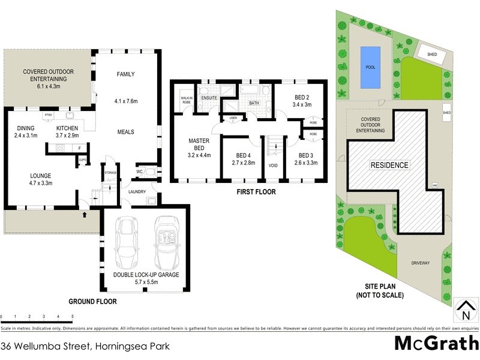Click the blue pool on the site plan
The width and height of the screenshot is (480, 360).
coord(370,67)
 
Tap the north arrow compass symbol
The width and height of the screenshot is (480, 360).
coord(464,310)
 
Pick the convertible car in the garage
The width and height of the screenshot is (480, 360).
coord(166,242)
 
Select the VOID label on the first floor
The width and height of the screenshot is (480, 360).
coord(273,165)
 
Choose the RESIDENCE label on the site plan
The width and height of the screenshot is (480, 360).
coord(389,165)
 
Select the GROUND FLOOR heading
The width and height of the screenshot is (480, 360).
coord(92,302)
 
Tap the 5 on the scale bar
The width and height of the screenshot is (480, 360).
coord(73,316)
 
